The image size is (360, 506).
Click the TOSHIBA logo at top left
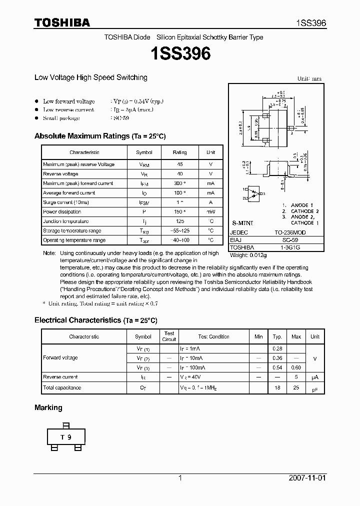coord(62,22)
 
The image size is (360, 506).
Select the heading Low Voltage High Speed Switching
coord(90,77)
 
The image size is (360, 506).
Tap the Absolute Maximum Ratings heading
coord(100,136)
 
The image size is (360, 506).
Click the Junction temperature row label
coord(65,221)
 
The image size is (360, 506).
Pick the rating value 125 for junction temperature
coord(179,221)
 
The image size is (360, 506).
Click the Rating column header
coord(179,152)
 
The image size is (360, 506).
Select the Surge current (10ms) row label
coord(65,202)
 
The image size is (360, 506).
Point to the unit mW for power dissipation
coord(211,212)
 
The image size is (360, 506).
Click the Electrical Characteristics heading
coord(95,320)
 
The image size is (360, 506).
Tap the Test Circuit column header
coord(169,336)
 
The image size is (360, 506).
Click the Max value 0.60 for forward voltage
coord(296,367)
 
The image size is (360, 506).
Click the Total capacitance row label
coord(62,388)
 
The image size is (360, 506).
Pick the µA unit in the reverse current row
coord(315,377)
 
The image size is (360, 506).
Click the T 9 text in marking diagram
coord(66,437)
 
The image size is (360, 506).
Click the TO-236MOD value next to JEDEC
coord(290,233)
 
